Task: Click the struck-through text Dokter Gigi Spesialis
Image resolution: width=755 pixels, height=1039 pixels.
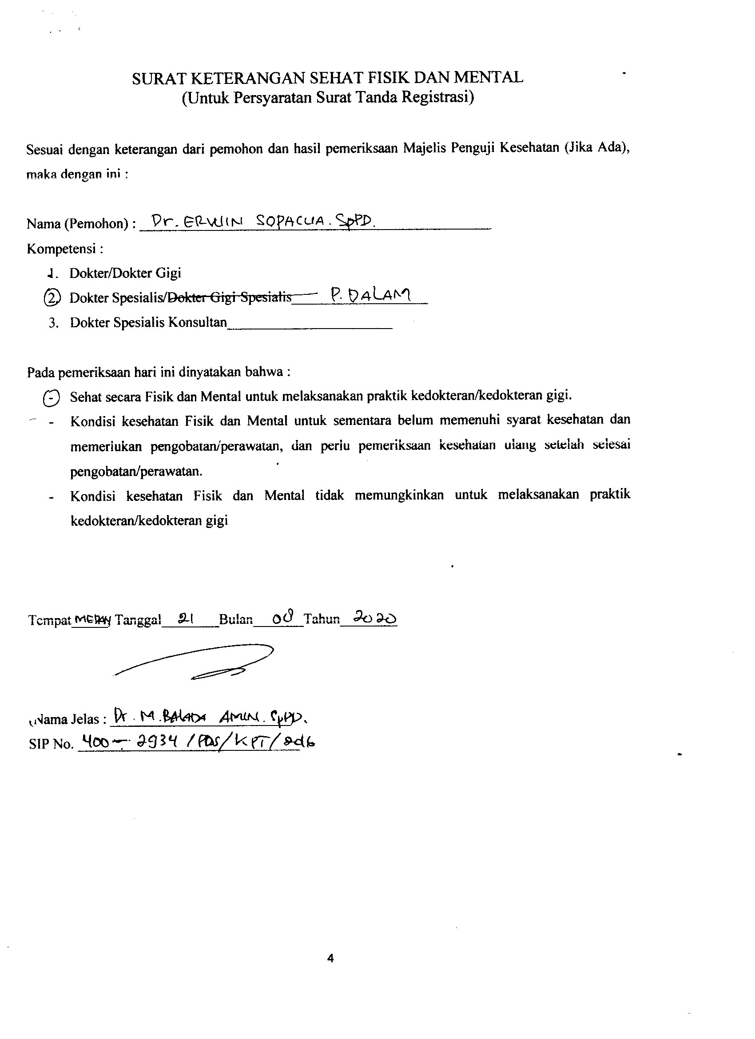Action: pyautogui.click(x=230, y=297)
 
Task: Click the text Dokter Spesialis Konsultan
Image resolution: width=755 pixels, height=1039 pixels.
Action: pyautogui.click(x=148, y=322)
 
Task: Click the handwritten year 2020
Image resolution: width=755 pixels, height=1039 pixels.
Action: pyautogui.click(x=375, y=619)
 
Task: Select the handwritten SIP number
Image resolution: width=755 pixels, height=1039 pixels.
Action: pyautogui.click(x=197, y=742)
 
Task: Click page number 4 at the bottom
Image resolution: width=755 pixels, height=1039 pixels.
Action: pyautogui.click(x=331, y=958)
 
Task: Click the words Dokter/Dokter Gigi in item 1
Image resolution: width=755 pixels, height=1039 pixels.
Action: pyautogui.click(x=125, y=273)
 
